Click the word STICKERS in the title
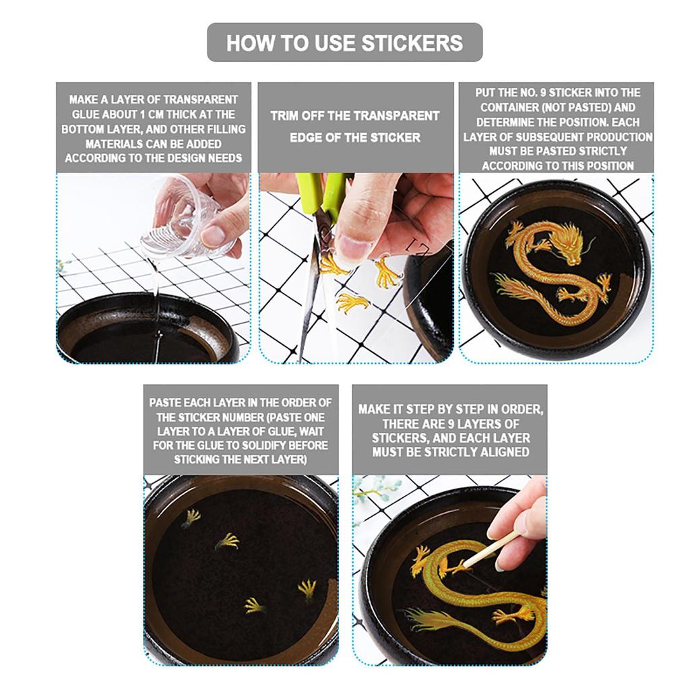click(x=412, y=43)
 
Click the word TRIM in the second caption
click(x=285, y=116)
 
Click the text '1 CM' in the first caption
click(x=150, y=115)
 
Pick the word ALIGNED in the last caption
click(x=504, y=452)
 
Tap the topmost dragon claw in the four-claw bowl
click(x=191, y=517)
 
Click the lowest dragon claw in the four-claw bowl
click(x=255, y=606)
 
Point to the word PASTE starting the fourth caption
click(x=165, y=403)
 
